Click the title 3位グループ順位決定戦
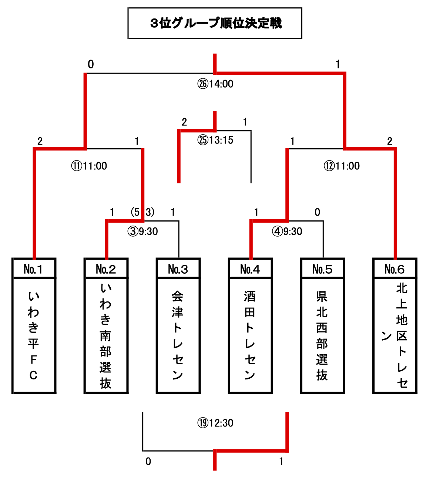tap(215, 23)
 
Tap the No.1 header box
tap(34, 269)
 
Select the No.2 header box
tap(106, 269)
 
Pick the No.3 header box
tap(178, 269)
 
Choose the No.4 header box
tap(250, 269)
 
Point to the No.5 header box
tap(322, 269)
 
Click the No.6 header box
tap(395, 269)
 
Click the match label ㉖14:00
tap(215, 84)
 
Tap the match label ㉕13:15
tap(215, 140)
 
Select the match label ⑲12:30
tap(215, 423)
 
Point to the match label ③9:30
tap(142, 232)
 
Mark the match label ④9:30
tap(287, 232)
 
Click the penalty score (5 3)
tap(142, 212)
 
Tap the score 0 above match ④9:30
tap(317, 212)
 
